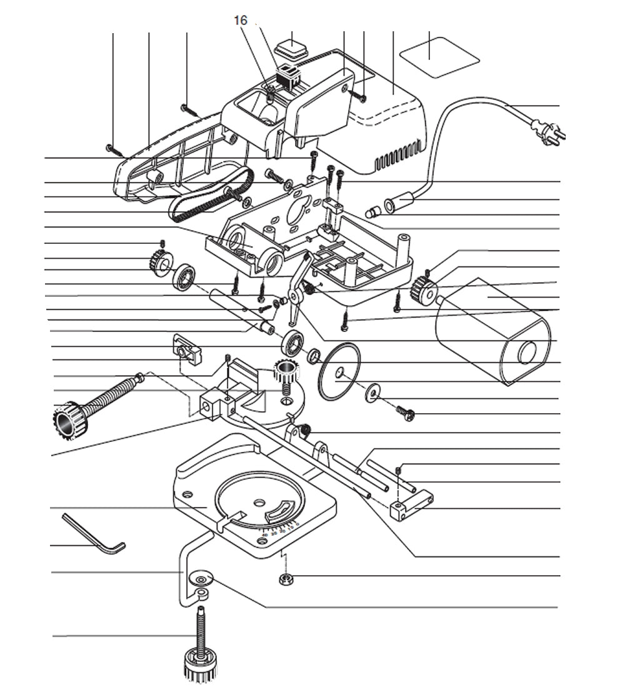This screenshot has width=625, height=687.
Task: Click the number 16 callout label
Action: tap(241, 21)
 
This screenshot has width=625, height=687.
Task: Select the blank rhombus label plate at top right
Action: tap(439, 56)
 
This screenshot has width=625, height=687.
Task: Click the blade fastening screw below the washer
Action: tap(406, 412)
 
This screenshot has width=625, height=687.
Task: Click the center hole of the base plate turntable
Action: tap(258, 502)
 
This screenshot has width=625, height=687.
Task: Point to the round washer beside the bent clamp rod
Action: tap(202, 578)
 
